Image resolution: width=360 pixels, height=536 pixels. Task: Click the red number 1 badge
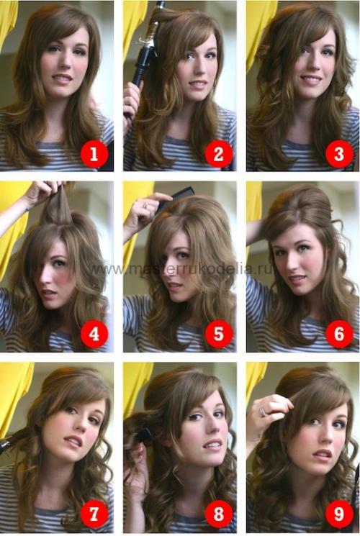click(94, 153)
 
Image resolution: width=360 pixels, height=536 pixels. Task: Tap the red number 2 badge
click(219, 153)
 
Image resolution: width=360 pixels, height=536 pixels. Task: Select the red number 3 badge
click(339, 153)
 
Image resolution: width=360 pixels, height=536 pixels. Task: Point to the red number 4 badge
click(94, 334)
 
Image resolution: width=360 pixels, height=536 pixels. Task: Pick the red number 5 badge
click(219, 334)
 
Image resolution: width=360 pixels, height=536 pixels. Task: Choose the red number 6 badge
click(339, 334)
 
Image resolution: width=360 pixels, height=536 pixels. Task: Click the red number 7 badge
click(94, 513)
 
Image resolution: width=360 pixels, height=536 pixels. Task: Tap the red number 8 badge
click(219, 513)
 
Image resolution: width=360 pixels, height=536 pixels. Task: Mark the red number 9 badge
click(339, 513)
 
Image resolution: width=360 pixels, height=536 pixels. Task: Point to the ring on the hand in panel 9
click(263, 412)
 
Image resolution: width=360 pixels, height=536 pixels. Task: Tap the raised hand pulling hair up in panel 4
click(45, 193)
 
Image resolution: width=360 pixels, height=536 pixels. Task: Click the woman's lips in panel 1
click(63, 78)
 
